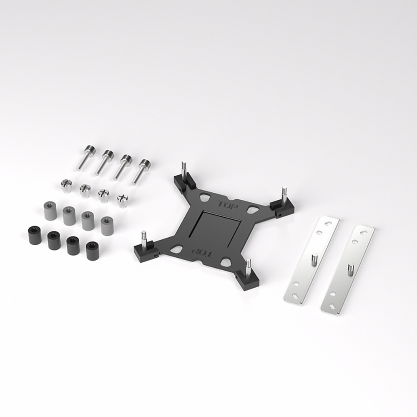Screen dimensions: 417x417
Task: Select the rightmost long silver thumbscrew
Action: click(141, 171)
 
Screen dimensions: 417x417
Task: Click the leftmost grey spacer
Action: click(50, 211)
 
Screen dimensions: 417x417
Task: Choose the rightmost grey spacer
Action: click(107, 226)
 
